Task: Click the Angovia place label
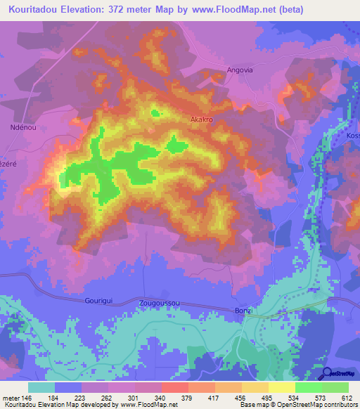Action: click(x=239, y=70)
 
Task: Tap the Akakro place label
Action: click(x=202, y=120)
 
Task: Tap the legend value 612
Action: click(x=347, y=398)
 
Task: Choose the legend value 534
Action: click(x=294, y=398)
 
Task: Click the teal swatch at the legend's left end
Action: click(x=41, y=387)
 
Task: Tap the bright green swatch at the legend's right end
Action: click(x=335, y=387)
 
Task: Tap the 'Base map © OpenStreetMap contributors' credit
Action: click(x=299, y=405)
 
